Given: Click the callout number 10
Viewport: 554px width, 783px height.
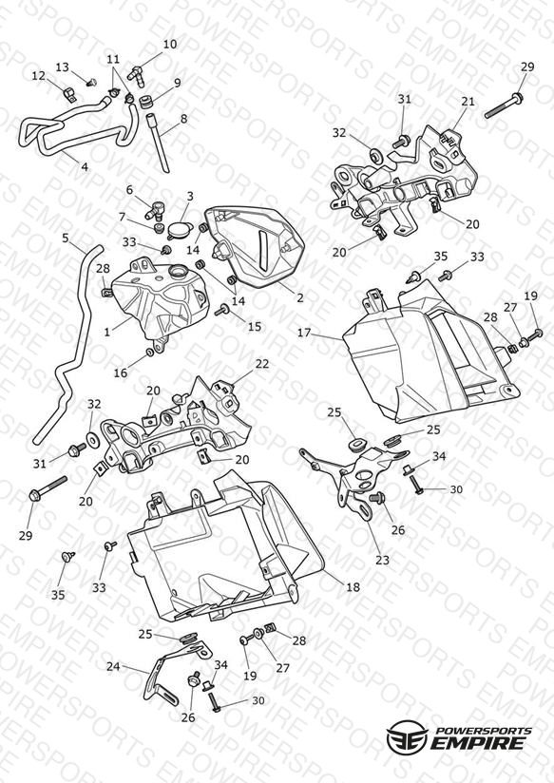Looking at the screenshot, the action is [x=170, y=45].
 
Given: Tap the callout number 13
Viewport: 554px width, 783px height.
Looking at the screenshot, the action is [x=63, y=67].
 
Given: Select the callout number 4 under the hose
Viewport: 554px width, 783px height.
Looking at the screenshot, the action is [x=84, y=167].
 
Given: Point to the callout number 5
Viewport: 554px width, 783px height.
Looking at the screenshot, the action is [x=66, y=239].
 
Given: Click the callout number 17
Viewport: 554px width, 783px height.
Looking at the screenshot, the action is [x=304, y=333].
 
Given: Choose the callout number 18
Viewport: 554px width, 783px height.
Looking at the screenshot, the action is [x=353, y=587].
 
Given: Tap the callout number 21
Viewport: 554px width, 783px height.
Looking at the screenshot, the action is [x=468, y=102].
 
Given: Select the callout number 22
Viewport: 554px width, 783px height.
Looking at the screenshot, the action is [x=261, y=364].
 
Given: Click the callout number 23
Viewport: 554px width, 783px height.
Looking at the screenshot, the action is [x=382, y=561].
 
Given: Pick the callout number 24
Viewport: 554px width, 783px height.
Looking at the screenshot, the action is [x=113, y=667].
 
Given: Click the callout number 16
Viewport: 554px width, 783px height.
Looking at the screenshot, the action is [x=121, y=373].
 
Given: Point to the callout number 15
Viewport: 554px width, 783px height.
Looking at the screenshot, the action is [x=255, y=327].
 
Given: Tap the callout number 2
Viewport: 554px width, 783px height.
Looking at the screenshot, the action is [x=299, y=298].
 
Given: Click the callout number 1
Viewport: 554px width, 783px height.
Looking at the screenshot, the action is [x=107, y=332].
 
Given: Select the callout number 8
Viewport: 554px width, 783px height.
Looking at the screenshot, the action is [x=183, y=120].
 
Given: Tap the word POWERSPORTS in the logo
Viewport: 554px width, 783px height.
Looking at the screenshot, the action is [x=484, y=731].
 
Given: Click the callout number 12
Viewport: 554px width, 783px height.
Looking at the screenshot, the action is [x=38, y=76].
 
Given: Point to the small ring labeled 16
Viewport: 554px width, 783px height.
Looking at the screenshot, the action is [x=149, y=353].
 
